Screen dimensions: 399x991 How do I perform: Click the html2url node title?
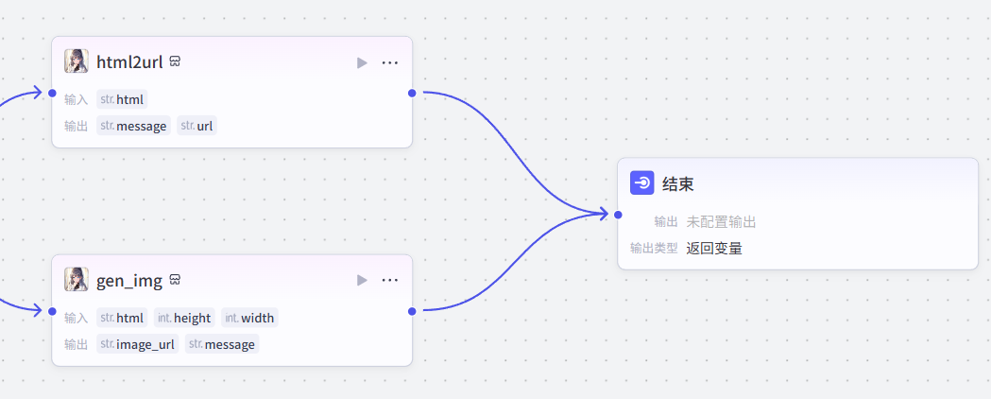129,62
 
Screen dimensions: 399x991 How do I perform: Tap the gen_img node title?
129,281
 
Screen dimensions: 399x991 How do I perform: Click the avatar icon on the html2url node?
77,61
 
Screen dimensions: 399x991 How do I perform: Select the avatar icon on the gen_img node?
77,280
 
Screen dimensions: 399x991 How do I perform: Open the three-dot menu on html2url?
390,62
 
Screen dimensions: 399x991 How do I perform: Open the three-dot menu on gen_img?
390,281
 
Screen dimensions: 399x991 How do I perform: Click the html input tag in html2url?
122,99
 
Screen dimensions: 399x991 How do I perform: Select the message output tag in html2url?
133,126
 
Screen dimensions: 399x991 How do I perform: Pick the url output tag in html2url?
197,126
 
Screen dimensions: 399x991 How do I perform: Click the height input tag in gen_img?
184,318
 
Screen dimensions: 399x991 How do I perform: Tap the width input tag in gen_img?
249,318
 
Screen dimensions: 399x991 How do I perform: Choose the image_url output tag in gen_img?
137,344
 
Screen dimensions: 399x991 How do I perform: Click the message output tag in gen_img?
222,344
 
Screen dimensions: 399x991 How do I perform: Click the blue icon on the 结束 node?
642,183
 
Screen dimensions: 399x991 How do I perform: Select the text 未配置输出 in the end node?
721,222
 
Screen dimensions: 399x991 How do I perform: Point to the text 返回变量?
714,249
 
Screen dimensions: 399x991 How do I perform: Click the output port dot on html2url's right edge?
412,93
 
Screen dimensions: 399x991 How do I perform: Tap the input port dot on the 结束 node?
618,215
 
